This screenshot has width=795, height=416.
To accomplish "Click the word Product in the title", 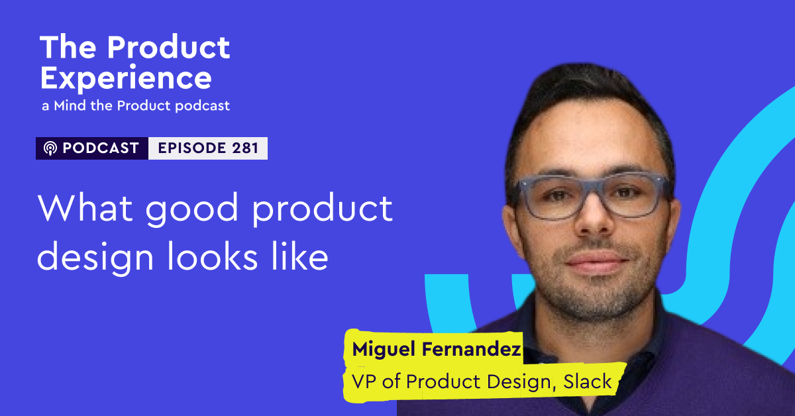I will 169,48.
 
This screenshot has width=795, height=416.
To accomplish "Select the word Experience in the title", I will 126,79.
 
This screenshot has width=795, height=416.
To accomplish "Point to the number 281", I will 244,148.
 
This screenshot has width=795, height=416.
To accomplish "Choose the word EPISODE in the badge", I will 191,148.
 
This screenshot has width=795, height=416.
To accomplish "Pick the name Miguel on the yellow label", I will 379,350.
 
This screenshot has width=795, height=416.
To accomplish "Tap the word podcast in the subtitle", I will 203,106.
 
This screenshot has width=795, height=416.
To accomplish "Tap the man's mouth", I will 590,260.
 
